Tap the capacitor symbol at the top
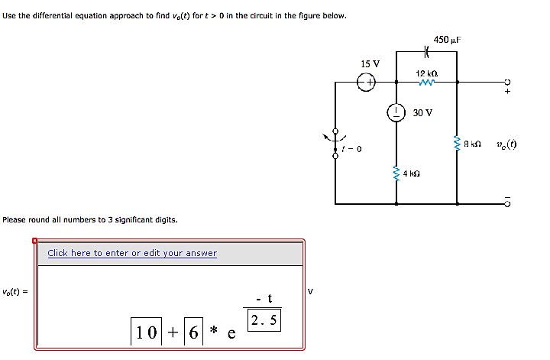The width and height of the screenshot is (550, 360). click(427, 53)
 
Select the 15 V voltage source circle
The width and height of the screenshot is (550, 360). click(367, 81)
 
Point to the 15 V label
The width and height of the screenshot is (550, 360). click(370, 63)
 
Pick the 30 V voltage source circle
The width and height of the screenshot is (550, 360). click(396, 112)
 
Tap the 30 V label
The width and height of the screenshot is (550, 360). click(422, 112)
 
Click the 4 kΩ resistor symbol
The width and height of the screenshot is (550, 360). click(396, 172)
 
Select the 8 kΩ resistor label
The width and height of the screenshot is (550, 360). click(474, 144)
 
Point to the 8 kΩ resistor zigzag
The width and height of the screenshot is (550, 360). click(457, 143)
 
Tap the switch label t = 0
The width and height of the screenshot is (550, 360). click(352, 148)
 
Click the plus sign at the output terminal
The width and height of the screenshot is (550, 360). click(506, 91)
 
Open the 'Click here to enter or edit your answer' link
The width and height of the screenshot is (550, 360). click(132, 253)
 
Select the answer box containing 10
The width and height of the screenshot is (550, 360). click(146, 332)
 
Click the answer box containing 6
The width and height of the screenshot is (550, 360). click(195, 332)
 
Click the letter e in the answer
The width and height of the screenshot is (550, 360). click(231, 334)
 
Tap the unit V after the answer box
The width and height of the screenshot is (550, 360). click(309, 290)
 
